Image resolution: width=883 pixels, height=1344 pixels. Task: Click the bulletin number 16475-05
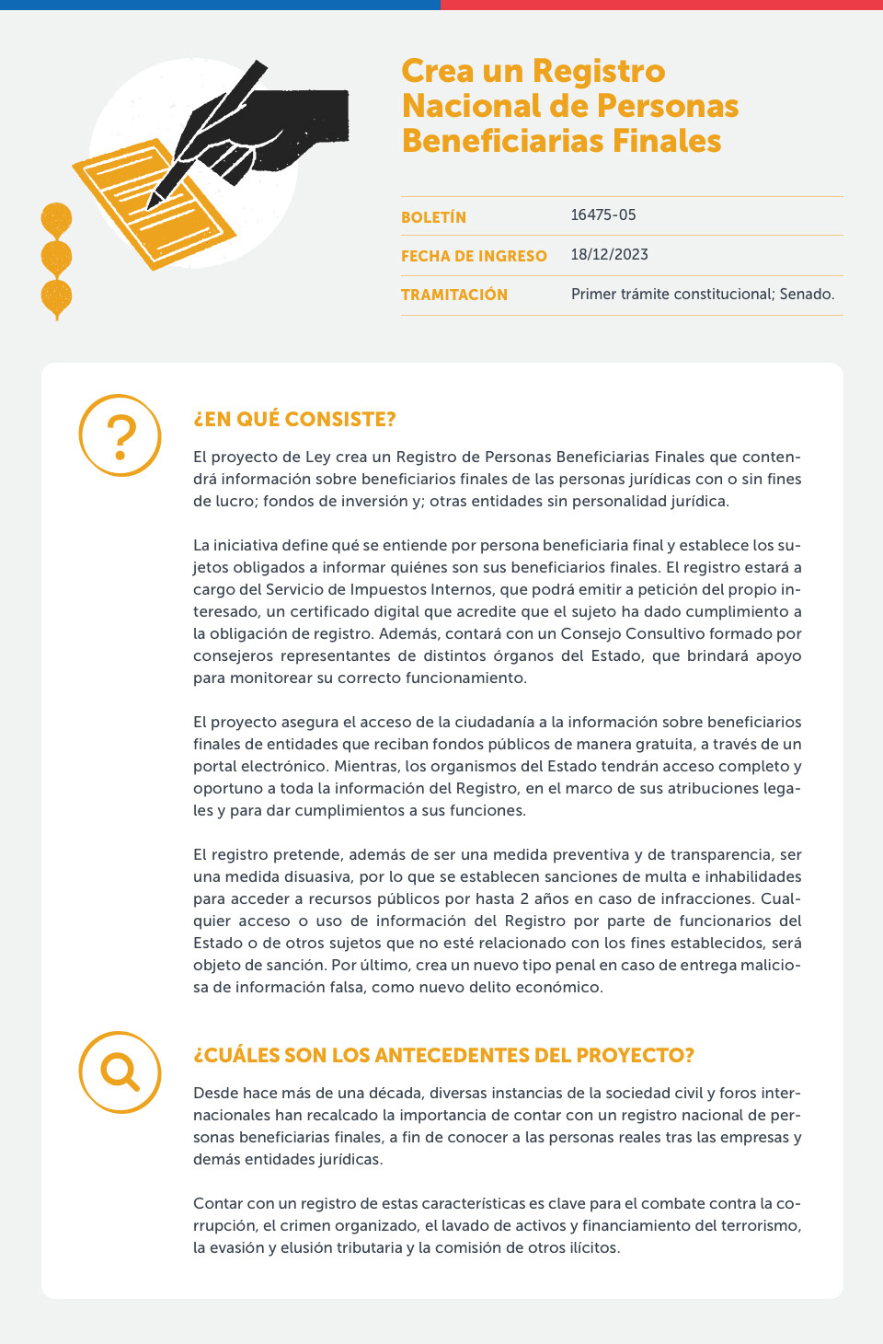[603, 215]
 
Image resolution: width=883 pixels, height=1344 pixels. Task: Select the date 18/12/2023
[609, 255]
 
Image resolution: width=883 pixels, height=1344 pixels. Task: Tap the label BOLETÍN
[433, 217]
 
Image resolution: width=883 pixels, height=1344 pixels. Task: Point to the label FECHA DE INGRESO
[474, 256]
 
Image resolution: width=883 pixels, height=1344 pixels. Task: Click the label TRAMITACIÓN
[454, 295]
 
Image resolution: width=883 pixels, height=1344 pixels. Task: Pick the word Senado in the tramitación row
[806, 295]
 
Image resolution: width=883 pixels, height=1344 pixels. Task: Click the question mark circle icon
[120, 435]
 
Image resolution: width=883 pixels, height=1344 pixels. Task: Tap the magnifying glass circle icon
[120, 1072]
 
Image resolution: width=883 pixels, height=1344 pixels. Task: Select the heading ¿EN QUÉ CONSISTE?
[294, 420]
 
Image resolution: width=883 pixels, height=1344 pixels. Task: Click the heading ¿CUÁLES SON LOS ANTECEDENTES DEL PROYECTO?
[443, 1056]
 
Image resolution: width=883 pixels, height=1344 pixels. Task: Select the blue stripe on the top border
[221, 5]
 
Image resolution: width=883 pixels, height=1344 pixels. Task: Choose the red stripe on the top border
[662, 5]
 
